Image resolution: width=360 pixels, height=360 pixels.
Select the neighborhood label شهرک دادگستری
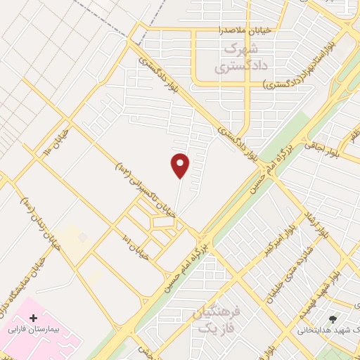coord(233,59)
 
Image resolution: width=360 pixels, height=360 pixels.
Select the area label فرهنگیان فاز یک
coord(215,321)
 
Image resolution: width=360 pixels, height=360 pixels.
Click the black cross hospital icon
coord(34,319)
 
